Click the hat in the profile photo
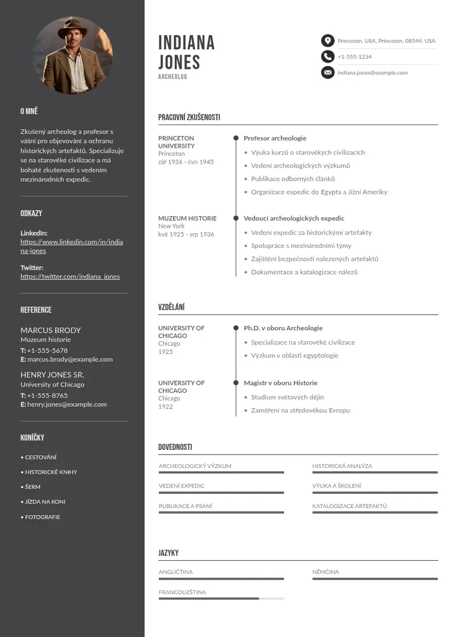72,26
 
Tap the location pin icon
327,40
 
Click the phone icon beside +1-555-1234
327,56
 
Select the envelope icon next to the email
327,72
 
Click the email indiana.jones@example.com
372,73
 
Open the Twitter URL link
70,276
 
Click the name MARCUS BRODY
51,330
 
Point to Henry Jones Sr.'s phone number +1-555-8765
47,395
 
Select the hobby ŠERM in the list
32,487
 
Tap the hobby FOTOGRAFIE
42,517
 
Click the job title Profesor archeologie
275,138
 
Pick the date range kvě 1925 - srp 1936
186,234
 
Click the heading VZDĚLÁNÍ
171,307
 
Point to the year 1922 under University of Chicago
165,407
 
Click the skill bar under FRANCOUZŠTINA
221,598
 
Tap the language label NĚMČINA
325,572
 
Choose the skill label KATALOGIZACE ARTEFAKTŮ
349,506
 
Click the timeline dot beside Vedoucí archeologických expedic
236,218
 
